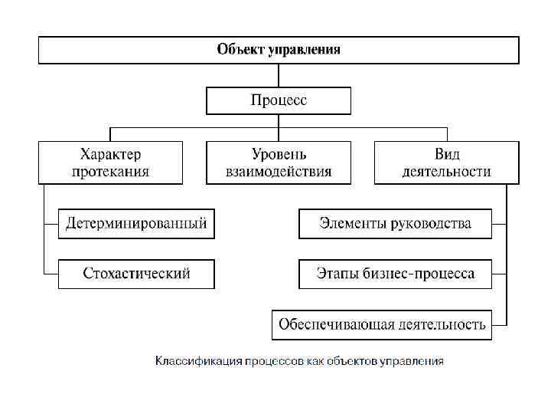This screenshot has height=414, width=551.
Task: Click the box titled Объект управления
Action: [x=279, y=51]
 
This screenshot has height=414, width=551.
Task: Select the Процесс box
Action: [x=279, y=100]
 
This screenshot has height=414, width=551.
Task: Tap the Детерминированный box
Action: [x=136, y=224]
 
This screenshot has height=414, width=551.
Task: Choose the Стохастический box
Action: [x=136, y=274]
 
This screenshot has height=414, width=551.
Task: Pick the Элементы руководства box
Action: [x=395, y=224]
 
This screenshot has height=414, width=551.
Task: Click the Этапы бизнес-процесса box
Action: [x=395, y=274]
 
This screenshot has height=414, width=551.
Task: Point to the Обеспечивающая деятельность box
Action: [x=382, y=324]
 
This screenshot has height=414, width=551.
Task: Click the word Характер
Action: [x=111, y=154]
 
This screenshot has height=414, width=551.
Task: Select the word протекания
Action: [x=111, y=171]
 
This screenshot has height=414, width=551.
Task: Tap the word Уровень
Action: [x=279, y=154]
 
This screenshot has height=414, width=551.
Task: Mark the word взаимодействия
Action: [x=279, y=171]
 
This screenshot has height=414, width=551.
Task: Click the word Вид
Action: [x=447, y=154]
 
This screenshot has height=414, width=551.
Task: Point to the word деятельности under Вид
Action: [x=447, y=171]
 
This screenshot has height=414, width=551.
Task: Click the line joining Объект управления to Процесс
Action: [x=279, y=76]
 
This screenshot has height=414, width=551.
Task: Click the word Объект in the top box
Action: [x=240, y=51]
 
